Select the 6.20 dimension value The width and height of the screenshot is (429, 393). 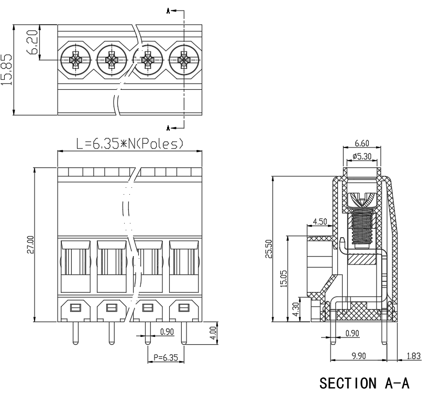pyautogui.click(x=32, y=42)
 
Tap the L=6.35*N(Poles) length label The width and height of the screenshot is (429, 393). pyautogui.click(x=130, y=143)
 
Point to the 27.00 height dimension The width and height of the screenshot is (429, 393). pyautogui.click(x=30, y=245)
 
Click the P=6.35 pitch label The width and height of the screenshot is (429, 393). pyautogui.click(x=166, y=357)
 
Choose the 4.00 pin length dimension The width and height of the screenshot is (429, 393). pyautogui.click(x=213, y=333)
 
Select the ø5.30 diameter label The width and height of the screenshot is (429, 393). pyautogui.click(x=362, y=156)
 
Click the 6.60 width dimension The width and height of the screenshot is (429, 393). pyautogui.click(x=362, y=143)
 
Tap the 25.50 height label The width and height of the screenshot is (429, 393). pyautogui.click(x=269, y=249)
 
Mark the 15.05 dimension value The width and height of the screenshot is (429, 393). pyautogui.click(x=284, y=279)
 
